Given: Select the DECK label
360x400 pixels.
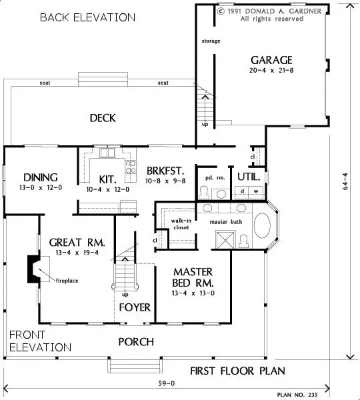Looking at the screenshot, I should [x=103, y=118].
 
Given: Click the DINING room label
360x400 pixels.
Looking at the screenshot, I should [x=41, y=177].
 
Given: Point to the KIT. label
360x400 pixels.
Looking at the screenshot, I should [x=107, y=179].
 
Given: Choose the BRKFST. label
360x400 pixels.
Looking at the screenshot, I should [x=165, y=170].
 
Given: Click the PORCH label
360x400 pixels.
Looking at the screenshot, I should [x=136, y=342].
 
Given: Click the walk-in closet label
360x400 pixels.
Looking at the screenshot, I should [x=181, y=223].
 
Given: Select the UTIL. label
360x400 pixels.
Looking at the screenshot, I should [x=248, y=176].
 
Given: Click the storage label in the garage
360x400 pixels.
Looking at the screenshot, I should [x=211, y=41].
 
